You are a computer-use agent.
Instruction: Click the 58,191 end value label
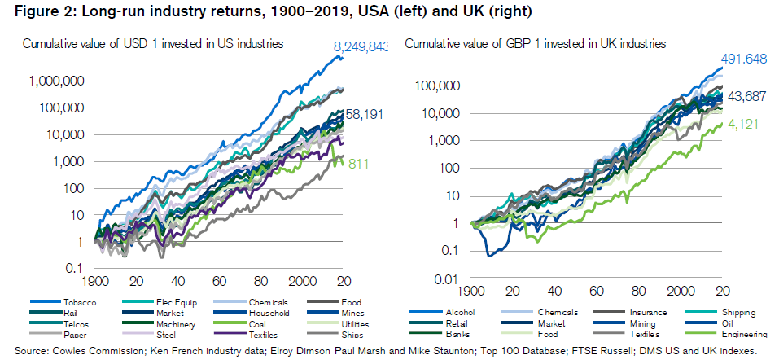tap(365, 115)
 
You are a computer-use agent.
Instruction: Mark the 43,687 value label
tap(744, 95)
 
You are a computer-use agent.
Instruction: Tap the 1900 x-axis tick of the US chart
tap(96, 281)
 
